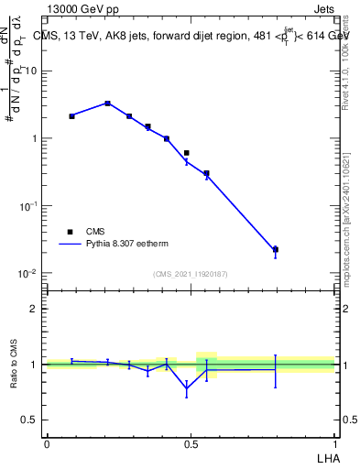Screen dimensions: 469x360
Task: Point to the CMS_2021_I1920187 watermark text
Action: click(x=190, y=274)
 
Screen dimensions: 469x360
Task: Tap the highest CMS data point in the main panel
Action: click(x=107, y=104)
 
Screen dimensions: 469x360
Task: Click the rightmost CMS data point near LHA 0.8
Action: click(x=275, y=249)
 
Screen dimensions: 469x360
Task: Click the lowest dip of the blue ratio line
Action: click(x=187, y=388)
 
